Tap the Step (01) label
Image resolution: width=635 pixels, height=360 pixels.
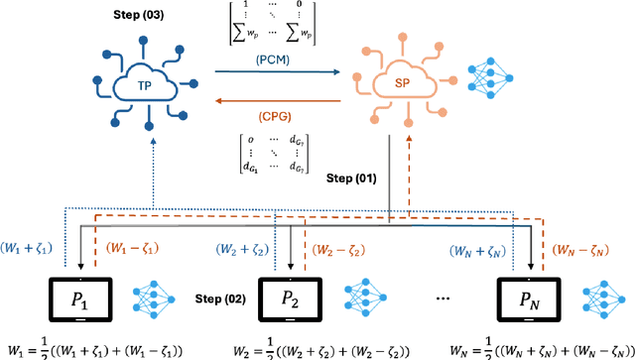coord(350,179)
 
